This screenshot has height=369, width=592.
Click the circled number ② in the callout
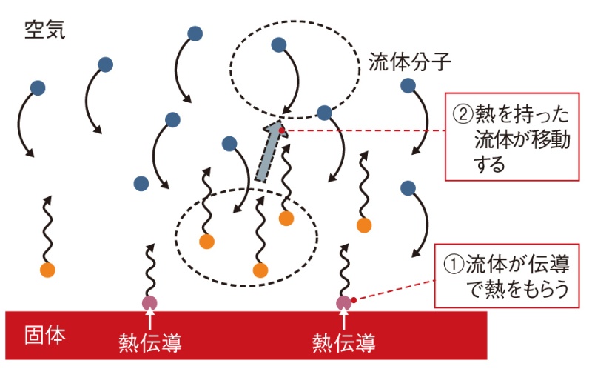point(461,115)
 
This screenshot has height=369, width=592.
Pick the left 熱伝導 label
point(150,342)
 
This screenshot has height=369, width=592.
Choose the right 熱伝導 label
point(343,342)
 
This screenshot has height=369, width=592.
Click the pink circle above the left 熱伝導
point(150,302)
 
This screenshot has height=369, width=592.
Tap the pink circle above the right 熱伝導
point(343,302)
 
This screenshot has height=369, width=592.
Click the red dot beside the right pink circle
point(354,299)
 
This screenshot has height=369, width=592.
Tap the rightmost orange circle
point(363,225)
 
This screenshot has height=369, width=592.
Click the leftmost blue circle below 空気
point(38,87)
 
